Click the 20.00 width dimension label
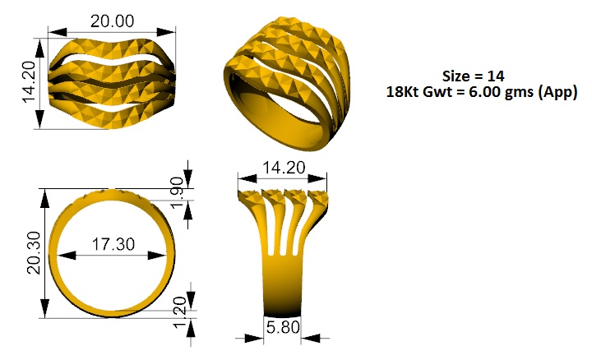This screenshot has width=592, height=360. pos(112,21)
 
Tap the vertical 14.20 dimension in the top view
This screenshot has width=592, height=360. pos(29,82)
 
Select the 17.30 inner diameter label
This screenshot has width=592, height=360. pos(113,244)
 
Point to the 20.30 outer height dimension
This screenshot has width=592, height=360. pos(34,252)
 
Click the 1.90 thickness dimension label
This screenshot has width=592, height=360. pos(178,192)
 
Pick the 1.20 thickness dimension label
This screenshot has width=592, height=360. pos(180,313)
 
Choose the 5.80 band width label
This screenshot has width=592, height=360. pos(283,328)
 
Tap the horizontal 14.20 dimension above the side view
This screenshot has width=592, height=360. pos(284,168)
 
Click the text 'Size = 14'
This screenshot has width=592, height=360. pos(474,76)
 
